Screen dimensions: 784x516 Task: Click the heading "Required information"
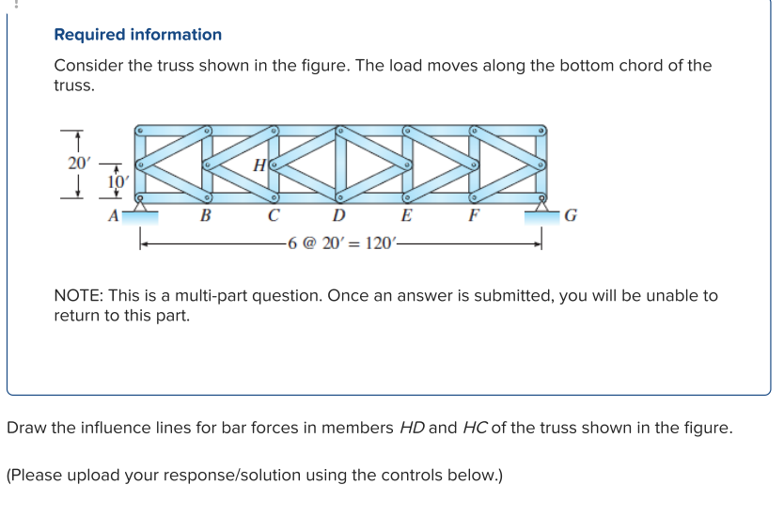pos(137,35)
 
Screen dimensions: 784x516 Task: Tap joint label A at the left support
pos(114,216)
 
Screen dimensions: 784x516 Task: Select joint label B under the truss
pos(205,215)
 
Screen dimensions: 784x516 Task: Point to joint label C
pos(273,215)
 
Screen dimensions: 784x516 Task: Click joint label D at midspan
pos(339,215)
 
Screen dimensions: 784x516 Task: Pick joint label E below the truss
pos(406,215)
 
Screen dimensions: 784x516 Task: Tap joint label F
pos(474,215)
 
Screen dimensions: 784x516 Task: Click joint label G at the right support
pos(571,215)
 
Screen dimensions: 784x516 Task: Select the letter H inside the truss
pos(259,165)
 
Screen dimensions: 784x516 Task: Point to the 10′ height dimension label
pos(118,182)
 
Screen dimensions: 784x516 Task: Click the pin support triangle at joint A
pos(140,206)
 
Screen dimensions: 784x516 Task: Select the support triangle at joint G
pos(541,206)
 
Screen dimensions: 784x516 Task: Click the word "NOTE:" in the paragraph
pos(79,295)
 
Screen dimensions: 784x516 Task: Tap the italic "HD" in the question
pos(412,428)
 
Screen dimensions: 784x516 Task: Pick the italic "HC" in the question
pos(475,428)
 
